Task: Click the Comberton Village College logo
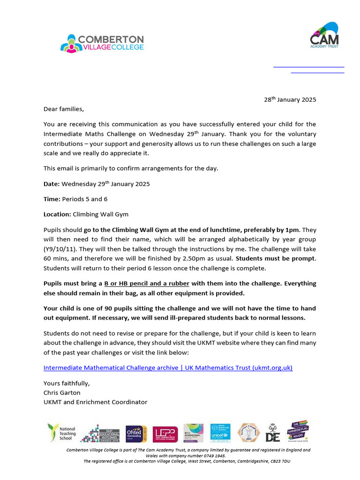[102, 43]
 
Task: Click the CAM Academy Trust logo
[325, 35]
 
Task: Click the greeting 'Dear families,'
[64, 109]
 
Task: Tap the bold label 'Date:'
[52, 184]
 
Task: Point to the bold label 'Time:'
[52, 199]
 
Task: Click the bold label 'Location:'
[57, 214]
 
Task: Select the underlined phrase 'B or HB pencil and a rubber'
[147, 284]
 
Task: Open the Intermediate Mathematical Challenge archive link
[168, 368]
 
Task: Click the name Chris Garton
[62, 392]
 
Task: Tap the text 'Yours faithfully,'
[67, 383]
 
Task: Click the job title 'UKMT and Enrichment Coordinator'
[95, 402]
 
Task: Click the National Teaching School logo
[61, 433]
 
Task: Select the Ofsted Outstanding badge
[136, 434]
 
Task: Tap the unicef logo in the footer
[220, 433]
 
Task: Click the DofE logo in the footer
[272, 433]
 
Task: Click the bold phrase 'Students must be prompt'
[276, 259]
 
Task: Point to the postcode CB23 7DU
[279, 461]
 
